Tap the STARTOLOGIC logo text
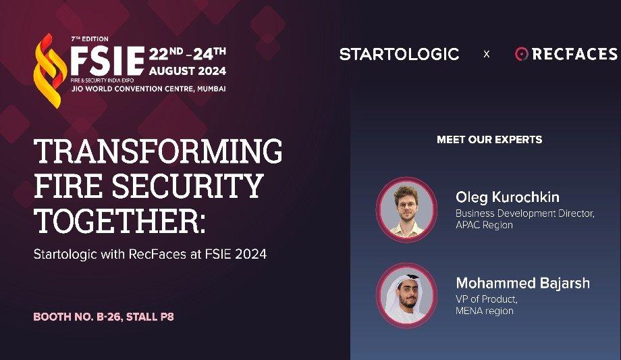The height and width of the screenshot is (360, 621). coord(399,54)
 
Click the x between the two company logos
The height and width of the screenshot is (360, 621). coord(487,54)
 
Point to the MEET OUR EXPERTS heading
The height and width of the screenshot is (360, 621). coord(489,140)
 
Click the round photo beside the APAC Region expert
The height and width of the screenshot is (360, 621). coord(406,209)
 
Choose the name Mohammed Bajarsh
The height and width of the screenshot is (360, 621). coord(522,283)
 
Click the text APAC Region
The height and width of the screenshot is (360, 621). coord(484,225)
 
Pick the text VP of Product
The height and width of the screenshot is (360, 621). coord(487,299)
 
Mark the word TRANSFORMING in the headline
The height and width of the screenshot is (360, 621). coord(158,151)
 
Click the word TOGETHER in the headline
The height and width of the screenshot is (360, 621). coord(117,221)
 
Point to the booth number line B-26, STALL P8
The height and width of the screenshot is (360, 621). coord(103,316)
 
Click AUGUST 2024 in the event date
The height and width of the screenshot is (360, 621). coord(188,71)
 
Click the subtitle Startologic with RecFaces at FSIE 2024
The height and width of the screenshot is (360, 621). coord(150,255)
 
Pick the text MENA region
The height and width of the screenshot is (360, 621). coord(484,311)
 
